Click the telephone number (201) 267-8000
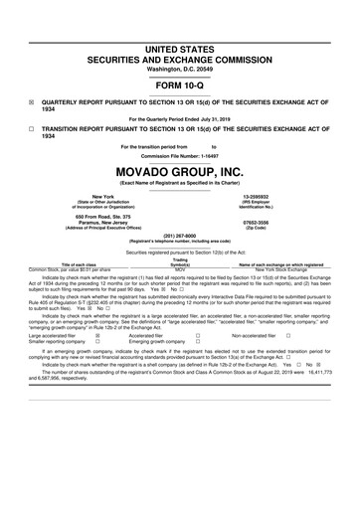pyautogui.click(x=179, y=238)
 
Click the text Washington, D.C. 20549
pyautogui.click(x=179, y=41)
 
